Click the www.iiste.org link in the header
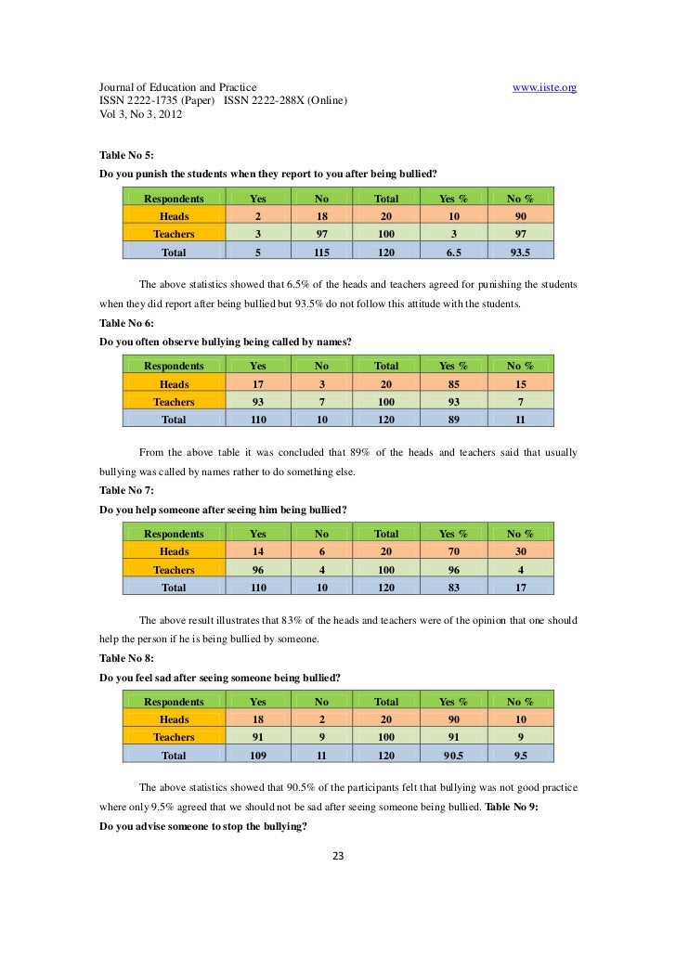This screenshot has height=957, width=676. click(x=545, y=87)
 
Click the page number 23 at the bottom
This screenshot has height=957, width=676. click(x=338, y=856)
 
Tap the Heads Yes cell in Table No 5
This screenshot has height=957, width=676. click(x=257, y=215)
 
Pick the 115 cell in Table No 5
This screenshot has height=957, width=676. click(x=322, y=252)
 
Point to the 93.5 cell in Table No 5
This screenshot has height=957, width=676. click(x=520, y=252)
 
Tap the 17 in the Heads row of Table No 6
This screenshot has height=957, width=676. click(x=257, y=383)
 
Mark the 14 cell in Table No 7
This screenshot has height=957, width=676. click(x=257, y=551)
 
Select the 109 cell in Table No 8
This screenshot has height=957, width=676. click(x=257, y=756)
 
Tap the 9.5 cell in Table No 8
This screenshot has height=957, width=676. click(x=520, y=756)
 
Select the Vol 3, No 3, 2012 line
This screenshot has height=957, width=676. click(x=141, y=119)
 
